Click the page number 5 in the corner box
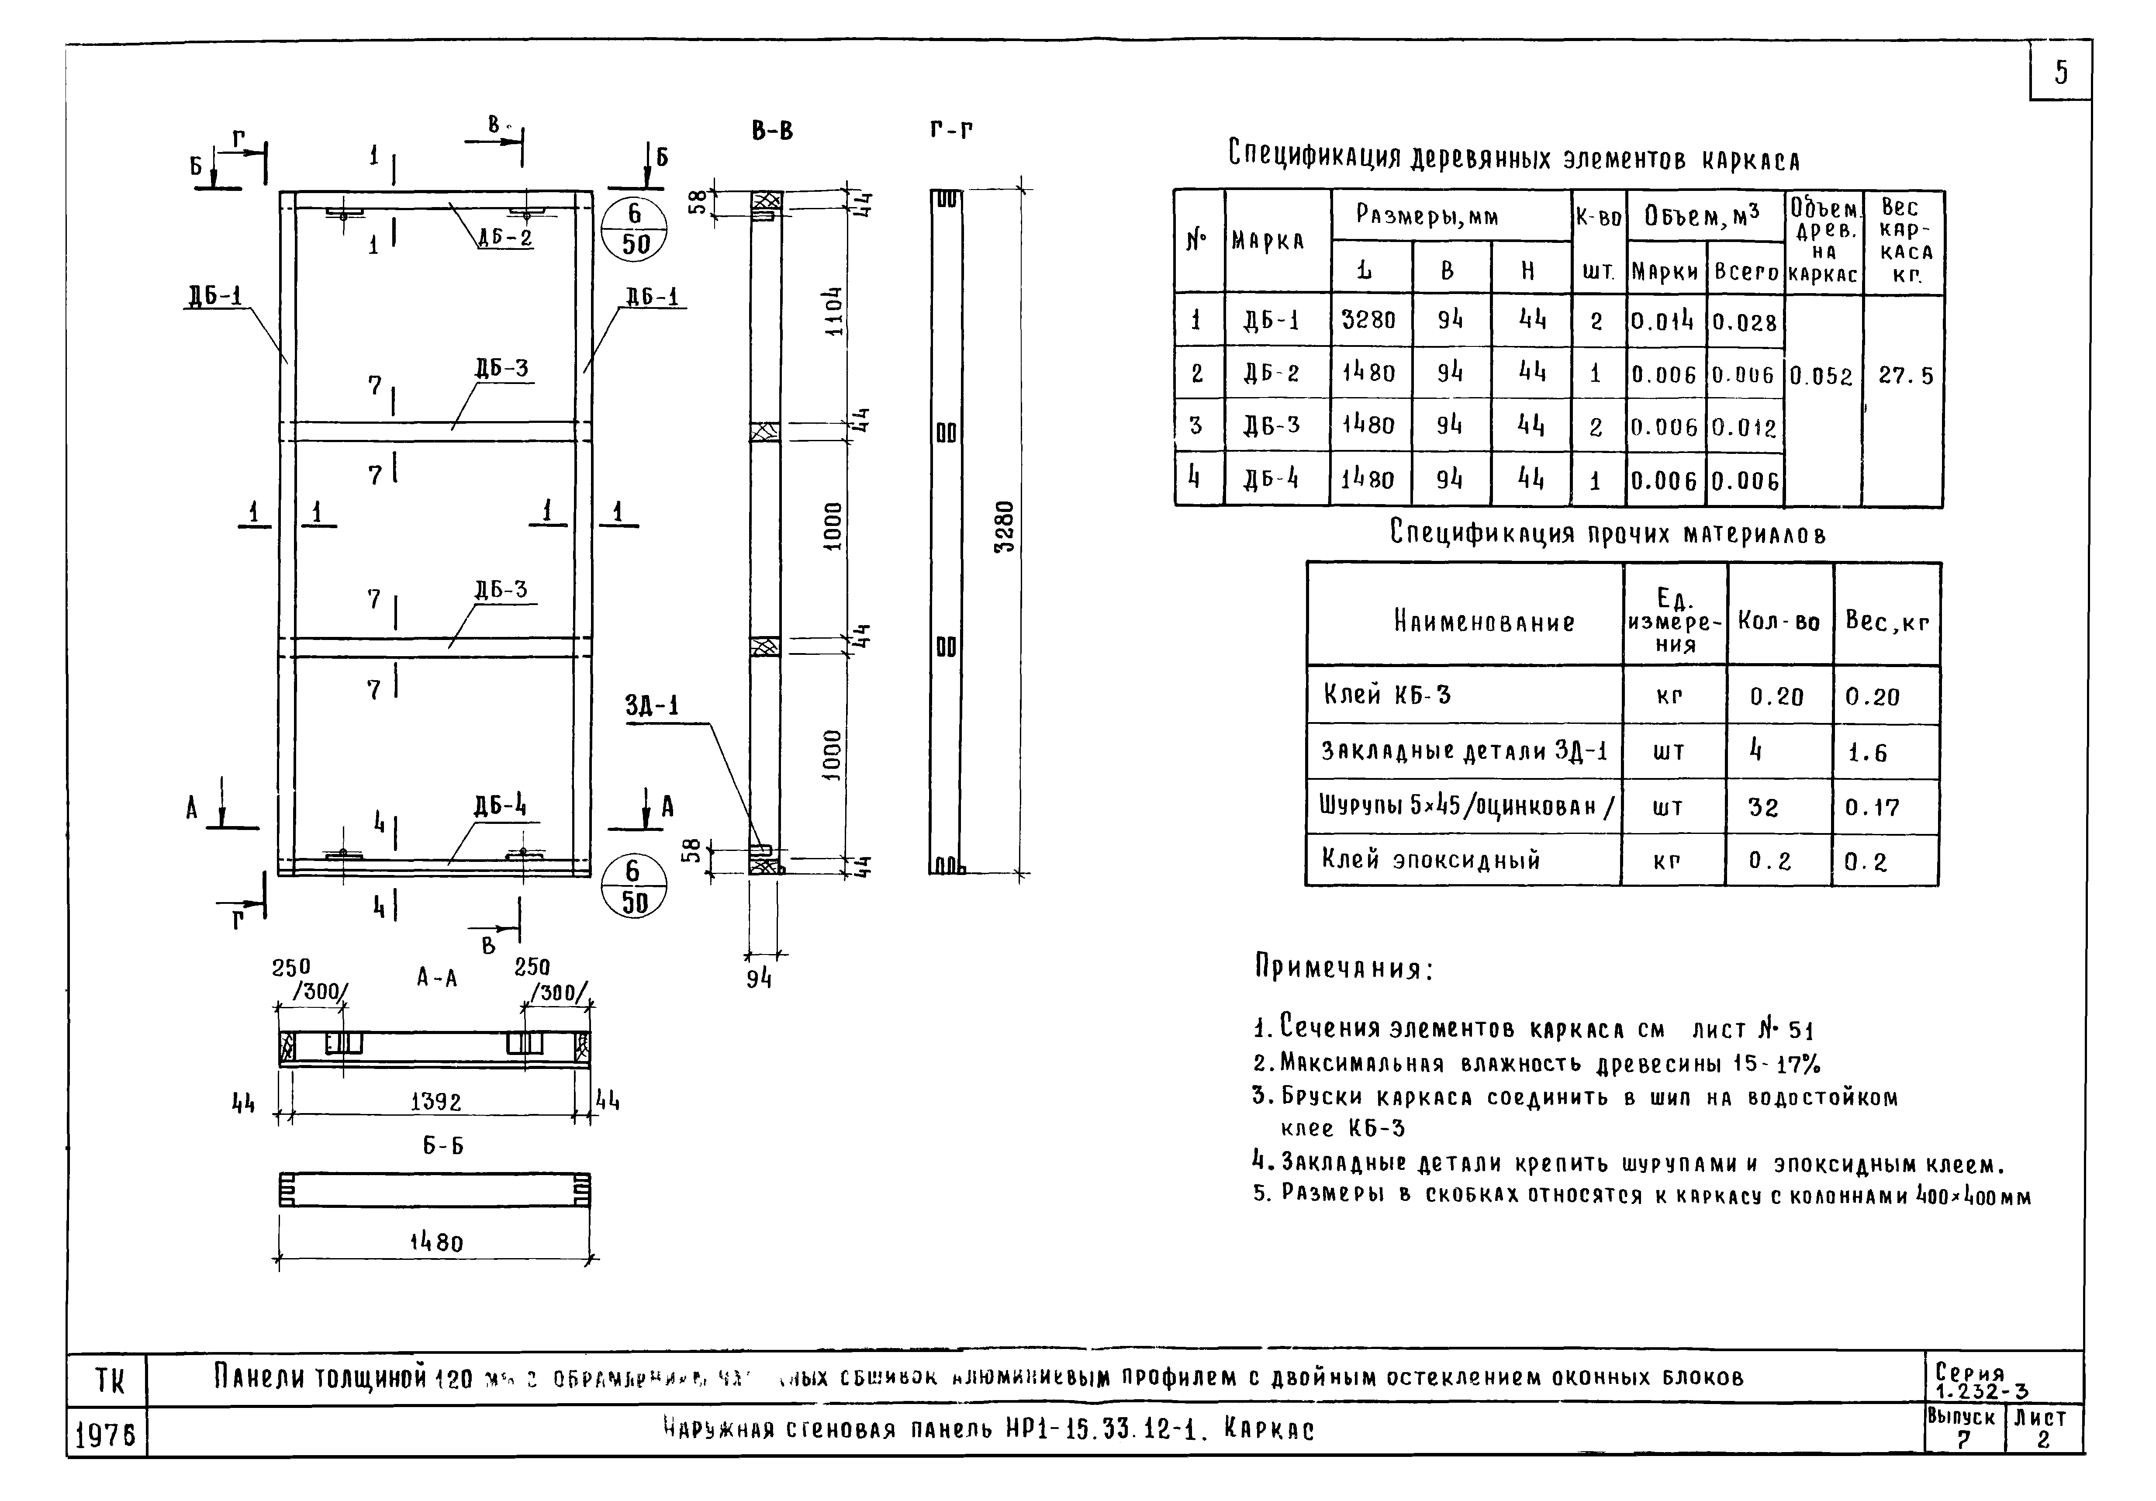point(2060,71)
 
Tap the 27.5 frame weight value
point(1905,376)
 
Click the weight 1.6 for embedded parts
point(1867,752)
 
